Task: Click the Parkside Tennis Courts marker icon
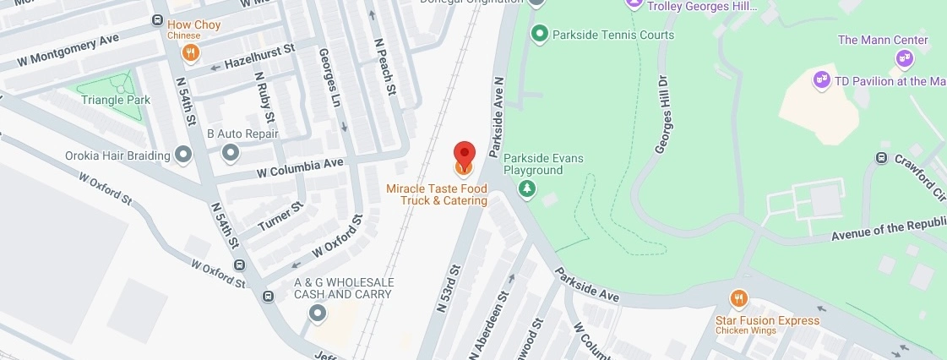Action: [539, 35]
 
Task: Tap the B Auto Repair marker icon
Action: [230, 152]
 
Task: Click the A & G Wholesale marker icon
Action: [318, 314]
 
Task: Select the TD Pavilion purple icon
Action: [819, 81]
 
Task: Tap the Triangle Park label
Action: [116, 100]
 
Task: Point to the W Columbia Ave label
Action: [299, 165]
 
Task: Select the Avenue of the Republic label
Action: [888, 233]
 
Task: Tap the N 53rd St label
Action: [449, 289]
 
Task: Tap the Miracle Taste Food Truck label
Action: [437, 194]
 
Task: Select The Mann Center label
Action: [883, 40]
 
